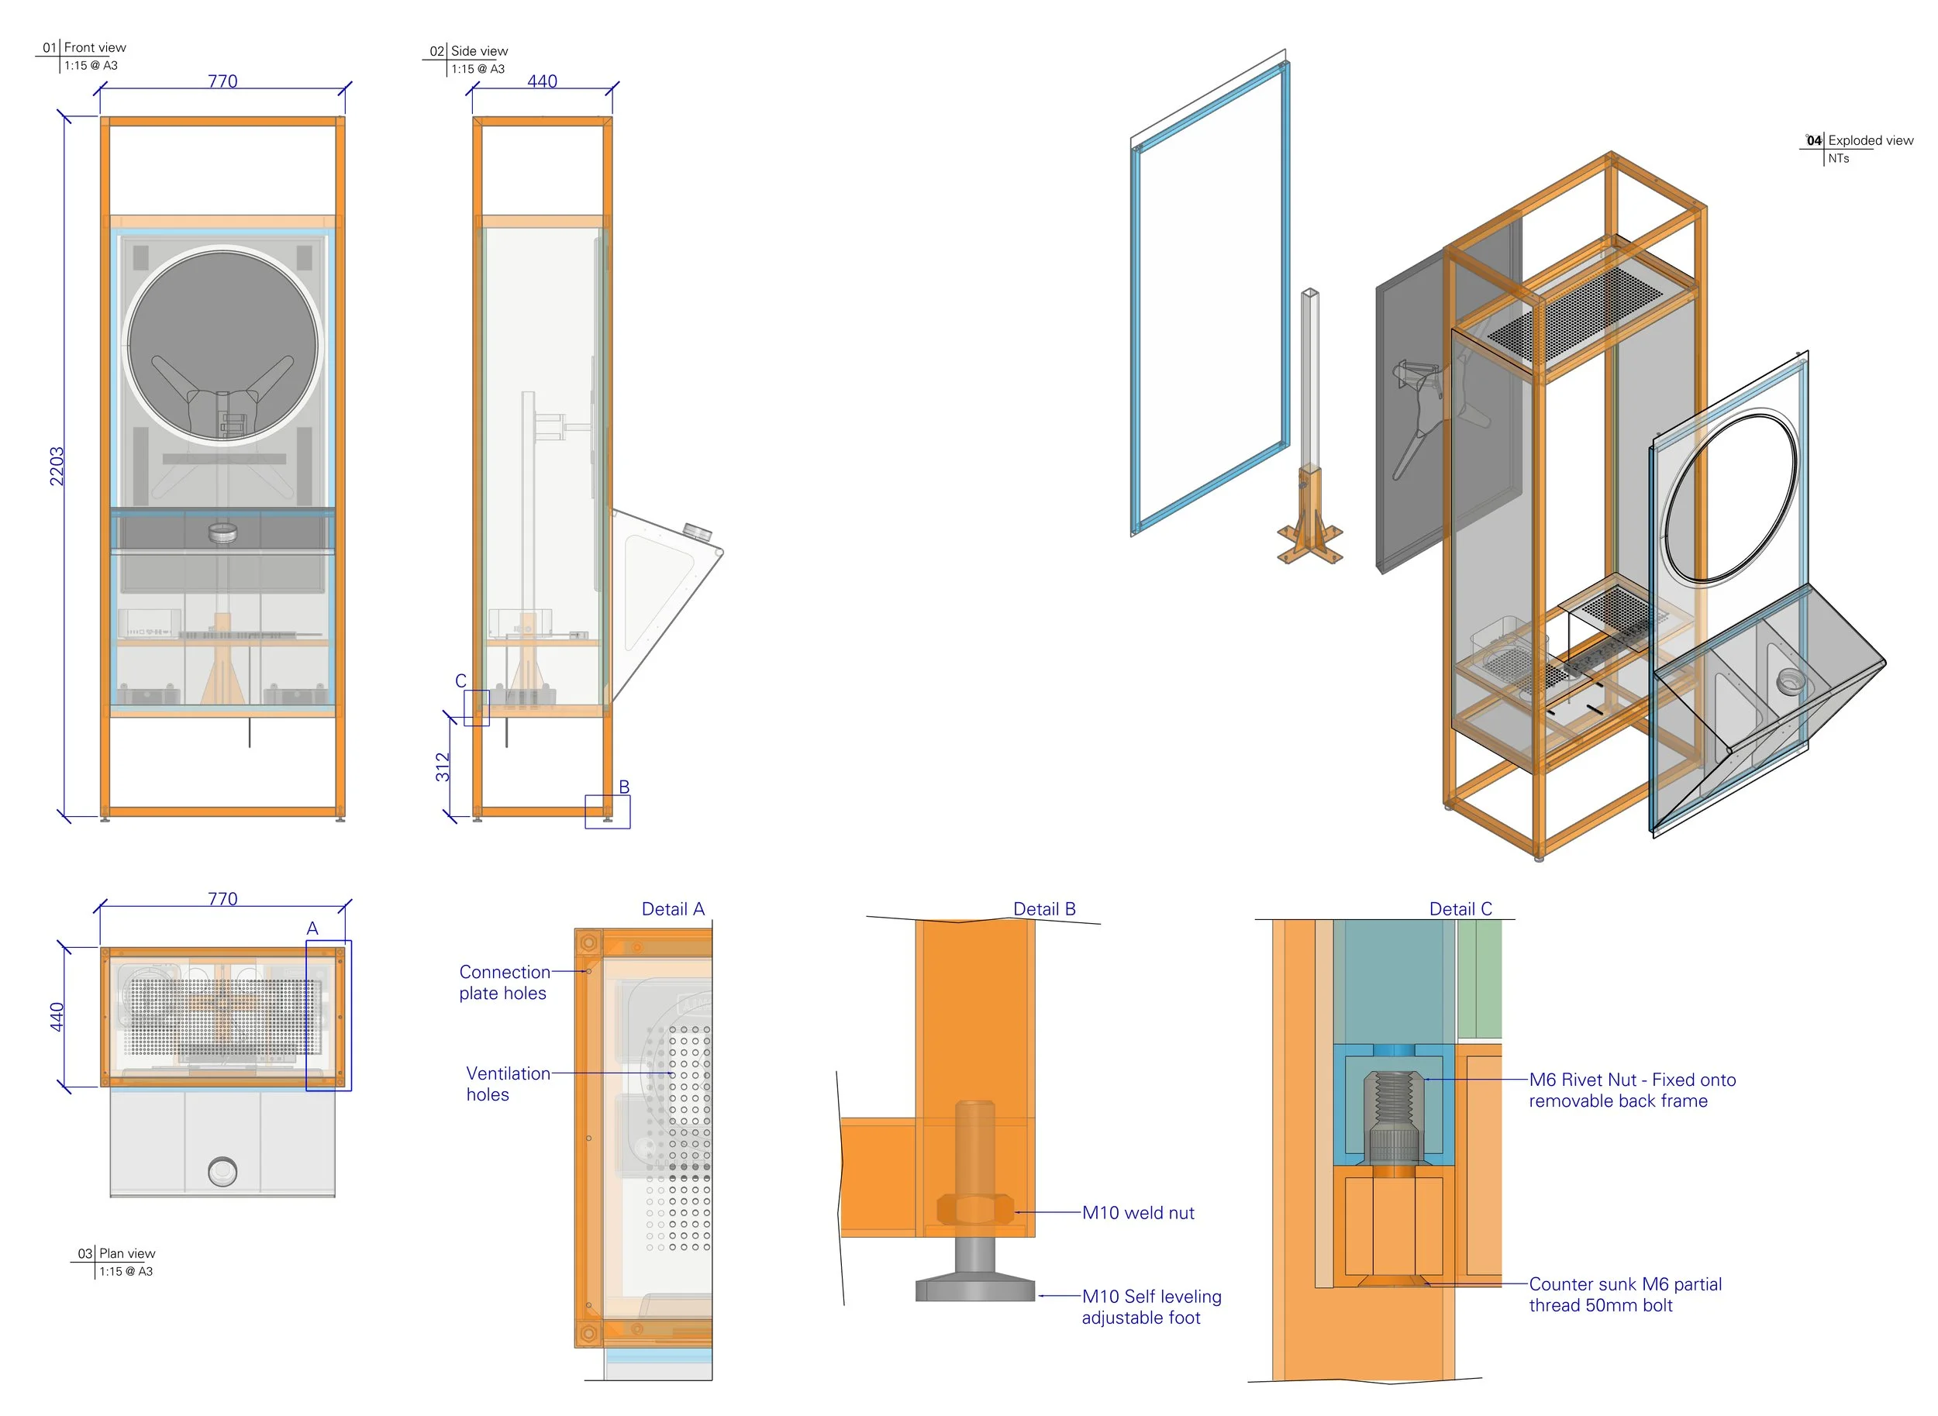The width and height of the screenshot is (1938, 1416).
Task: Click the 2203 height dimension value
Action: pos(57,467)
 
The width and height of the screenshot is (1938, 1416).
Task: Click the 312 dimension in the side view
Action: pos(443,767)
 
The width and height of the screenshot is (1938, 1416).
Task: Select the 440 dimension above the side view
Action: pos(542,81)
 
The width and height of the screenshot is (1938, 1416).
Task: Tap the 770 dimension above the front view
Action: pos(222,81)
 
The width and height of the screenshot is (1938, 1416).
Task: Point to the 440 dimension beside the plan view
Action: pos(57,1017)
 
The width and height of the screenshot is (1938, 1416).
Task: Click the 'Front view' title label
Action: pos(95,48)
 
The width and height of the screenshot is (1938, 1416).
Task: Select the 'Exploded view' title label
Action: pos(1870,140)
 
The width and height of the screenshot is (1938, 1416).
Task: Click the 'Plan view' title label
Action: pos(127,1253)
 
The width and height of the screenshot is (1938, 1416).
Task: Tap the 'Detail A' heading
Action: pos(673,909)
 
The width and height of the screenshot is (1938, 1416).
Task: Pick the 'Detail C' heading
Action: pos(1460,909)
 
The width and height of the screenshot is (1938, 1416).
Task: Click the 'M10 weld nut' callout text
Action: pos(1137,1213)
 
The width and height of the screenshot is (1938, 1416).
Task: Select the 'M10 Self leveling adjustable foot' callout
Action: pos(1150,1307)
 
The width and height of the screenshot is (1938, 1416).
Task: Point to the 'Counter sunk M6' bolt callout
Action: pos(1624,1294)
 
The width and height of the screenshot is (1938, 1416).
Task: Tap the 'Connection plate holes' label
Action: pos(504,982)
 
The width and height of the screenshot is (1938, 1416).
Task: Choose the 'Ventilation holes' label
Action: pos(508,1084)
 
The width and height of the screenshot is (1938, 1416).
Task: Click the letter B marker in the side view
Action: pos(624,787)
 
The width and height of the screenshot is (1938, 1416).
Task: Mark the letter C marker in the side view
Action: pos(460,680)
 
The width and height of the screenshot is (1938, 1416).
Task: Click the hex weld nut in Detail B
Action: pos(974,1211)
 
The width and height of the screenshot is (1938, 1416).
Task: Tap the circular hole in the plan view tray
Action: pos(222,1172)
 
